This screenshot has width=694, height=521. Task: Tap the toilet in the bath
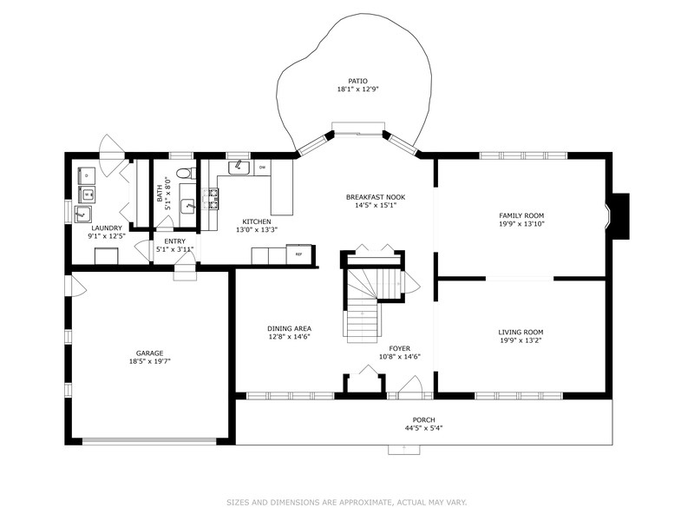pos(182,173)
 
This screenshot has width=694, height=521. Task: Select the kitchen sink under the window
pos(238,167)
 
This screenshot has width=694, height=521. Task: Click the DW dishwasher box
pos(261,167)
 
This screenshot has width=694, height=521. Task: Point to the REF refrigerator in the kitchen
pos(299,254)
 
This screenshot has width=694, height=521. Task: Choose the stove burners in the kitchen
pos(210,199)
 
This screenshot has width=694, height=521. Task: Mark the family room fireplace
pos(619,214)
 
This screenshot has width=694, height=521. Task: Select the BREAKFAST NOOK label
pos(375,197)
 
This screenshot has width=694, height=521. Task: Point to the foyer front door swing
pos(411,386)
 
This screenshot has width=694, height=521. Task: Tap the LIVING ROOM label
pos(520,332)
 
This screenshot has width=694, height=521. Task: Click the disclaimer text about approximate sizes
pos(347,502)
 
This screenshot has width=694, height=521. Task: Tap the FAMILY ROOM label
pos(520,214)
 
